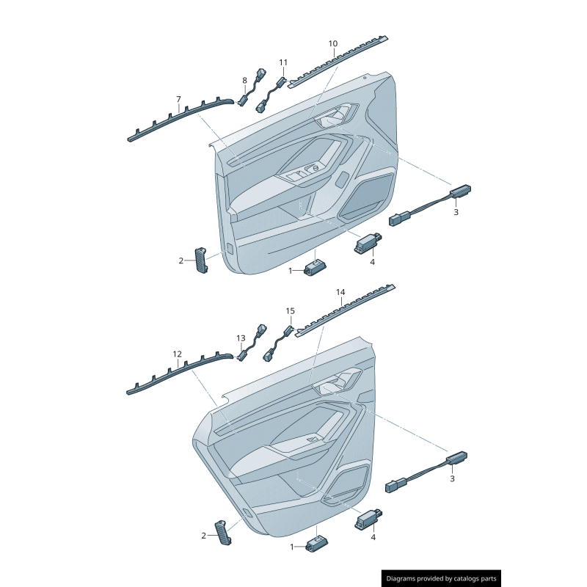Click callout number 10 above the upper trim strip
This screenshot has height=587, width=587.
point(333,44)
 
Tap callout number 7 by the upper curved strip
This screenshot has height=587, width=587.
point(178,99)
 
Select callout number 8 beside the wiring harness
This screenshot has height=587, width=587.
point(244,81)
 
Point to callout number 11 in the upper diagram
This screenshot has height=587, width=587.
point(283,62)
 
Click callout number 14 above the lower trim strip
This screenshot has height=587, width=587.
point(340,292)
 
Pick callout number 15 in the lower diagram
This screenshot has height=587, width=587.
point(290,310)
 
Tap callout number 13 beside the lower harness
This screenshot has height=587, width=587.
point(241,338)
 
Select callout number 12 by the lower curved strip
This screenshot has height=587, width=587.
point(177,354)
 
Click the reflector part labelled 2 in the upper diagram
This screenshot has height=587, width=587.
point(201,260)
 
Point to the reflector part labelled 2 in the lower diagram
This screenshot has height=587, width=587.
point(223,533)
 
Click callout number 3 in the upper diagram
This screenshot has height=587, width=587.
point(456,212)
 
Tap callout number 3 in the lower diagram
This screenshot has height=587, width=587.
point(452,479)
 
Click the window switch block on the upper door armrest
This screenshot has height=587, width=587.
point(303,172)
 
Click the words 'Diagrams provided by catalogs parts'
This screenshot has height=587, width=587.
point(442,579)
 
